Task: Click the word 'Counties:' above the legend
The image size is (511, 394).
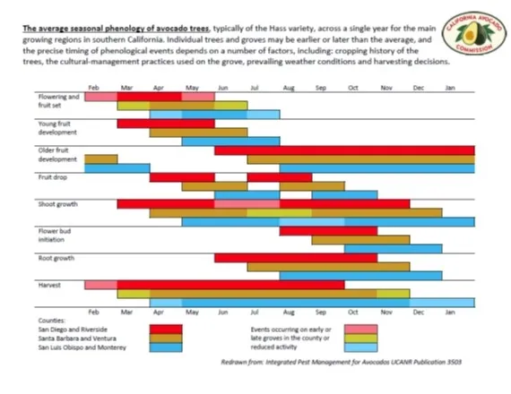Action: [51, 320]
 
